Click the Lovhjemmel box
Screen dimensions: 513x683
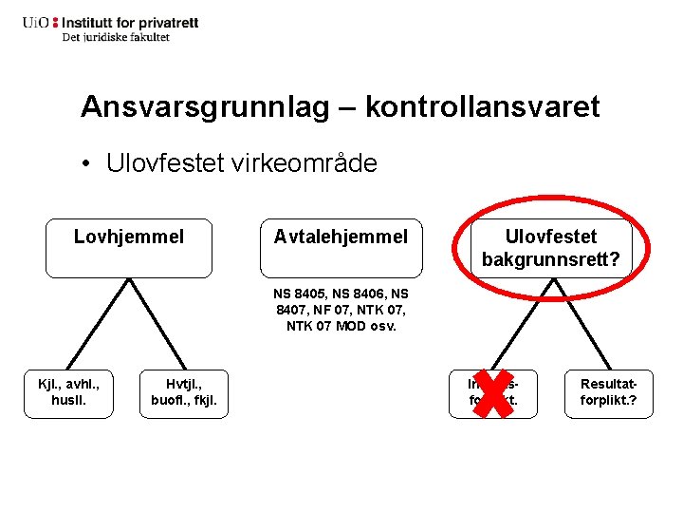tap(129, 249)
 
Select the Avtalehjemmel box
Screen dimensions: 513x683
tap(341, 249)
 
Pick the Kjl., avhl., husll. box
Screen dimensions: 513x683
tap(68, 393)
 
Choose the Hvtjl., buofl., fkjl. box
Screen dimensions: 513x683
tap(184, 393)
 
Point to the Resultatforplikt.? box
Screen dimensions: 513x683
tap(609, 393)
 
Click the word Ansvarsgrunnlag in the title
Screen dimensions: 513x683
tap(206, 106)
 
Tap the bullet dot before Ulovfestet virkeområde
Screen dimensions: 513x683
tap(86, 164)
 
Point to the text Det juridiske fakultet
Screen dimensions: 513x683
tap(116, 37)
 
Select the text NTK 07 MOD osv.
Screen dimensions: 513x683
tap(341, 326)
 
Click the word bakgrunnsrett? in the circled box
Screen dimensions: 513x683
tap(551, 257)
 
